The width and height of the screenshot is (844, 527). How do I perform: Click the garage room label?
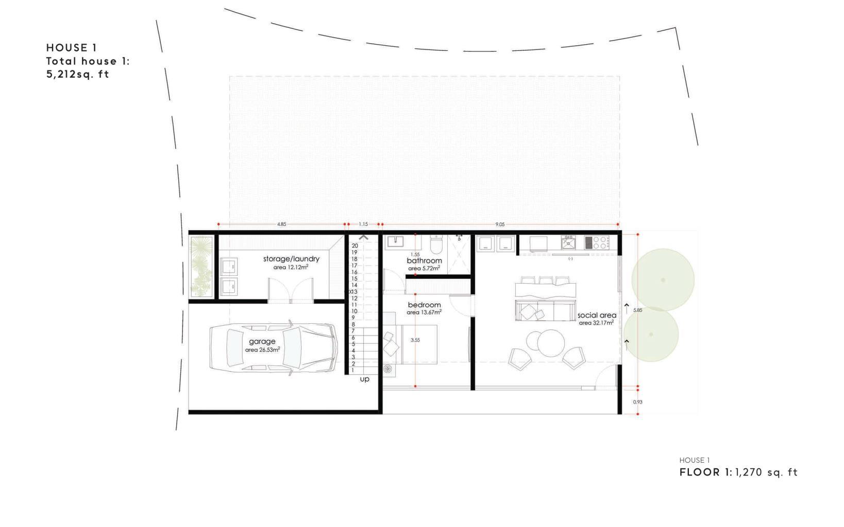coord(262,341)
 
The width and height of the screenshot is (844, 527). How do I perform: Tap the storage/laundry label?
coord(291,258)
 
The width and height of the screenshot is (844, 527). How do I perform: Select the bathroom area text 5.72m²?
coord(424,269)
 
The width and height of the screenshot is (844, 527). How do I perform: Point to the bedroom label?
coord(424,305)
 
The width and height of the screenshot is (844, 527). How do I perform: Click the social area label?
coord(597,315)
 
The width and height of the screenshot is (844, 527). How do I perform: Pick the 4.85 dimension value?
coord(281,224)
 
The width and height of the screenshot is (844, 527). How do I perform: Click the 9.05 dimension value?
coord(500,224)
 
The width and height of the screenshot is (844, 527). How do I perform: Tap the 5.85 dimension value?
coord(637,310)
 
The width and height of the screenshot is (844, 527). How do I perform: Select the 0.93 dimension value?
coord(637,402)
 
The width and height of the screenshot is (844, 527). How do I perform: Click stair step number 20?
coord(355,246)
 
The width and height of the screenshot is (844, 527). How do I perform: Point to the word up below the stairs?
coord(364,379)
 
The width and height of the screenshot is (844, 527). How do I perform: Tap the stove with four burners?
coord(597,242)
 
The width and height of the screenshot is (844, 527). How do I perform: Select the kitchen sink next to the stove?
coord(568,242)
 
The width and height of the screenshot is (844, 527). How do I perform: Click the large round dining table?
coord(551,343)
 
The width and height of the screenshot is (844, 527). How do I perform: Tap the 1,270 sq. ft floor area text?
coord(766,472)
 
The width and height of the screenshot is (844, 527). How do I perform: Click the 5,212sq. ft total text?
coord(78,74)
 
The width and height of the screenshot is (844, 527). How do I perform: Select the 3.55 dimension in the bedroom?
coord(415,340)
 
